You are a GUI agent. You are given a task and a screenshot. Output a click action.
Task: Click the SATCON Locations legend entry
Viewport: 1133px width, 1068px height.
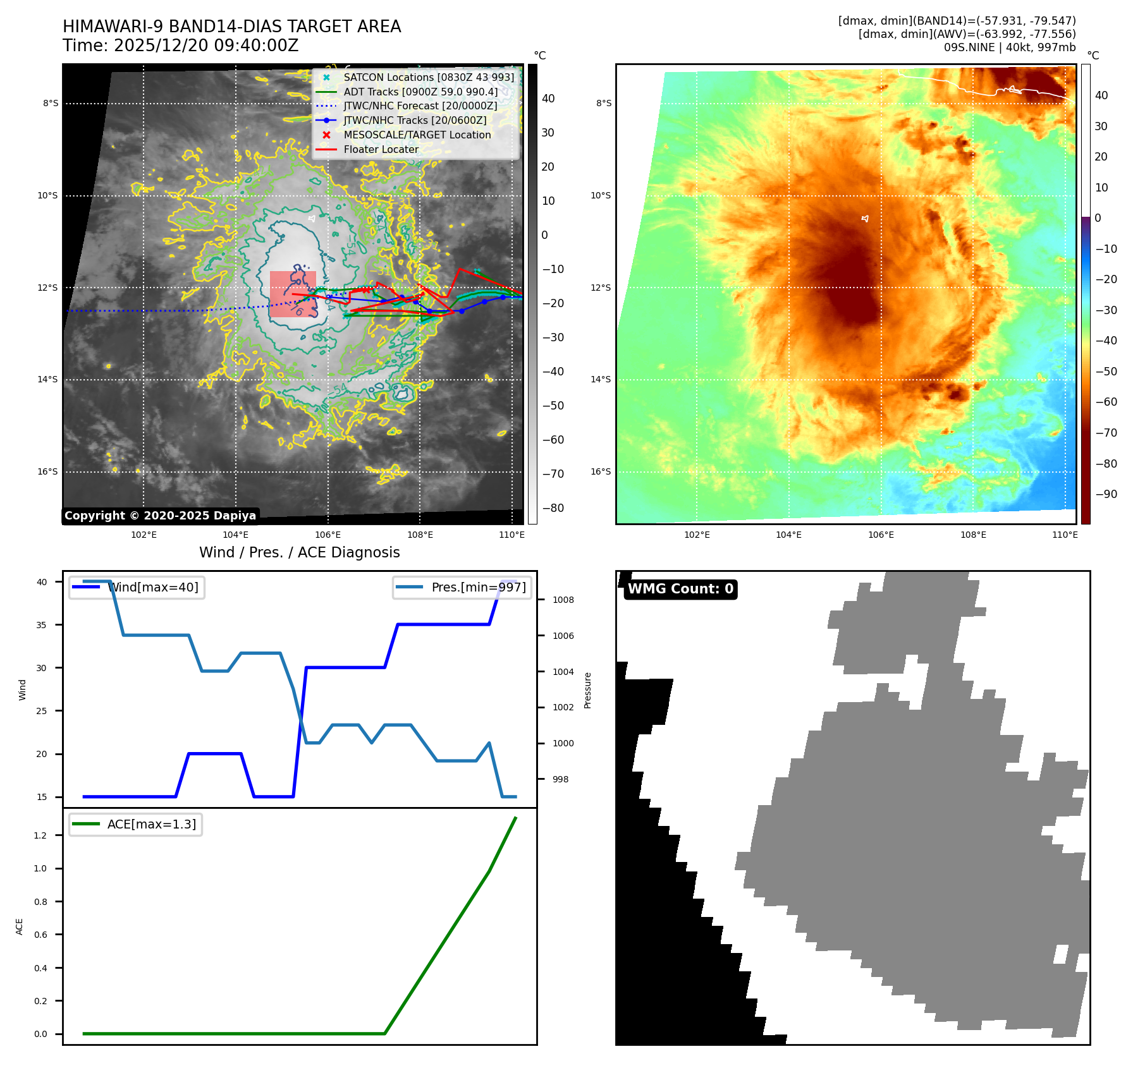(x=429, y=77)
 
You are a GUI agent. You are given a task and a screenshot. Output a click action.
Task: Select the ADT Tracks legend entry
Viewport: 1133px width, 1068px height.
(x=420, y=92)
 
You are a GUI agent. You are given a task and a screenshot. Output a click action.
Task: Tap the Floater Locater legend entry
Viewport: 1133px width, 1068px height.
(x=381, y=149)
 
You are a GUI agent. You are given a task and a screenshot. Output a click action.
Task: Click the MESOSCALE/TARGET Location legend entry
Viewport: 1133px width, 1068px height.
(x=417, y=135)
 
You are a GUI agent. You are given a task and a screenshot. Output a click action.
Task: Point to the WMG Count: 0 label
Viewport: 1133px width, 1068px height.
(x=680, y=589)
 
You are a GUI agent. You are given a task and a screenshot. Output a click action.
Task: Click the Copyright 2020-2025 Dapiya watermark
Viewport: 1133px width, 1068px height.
(x=160, y=516)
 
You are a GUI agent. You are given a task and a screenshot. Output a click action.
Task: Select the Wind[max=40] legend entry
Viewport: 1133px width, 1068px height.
(x=152, y=587)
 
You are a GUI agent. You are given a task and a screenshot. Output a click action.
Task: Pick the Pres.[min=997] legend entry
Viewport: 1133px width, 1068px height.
(x=478, y=587)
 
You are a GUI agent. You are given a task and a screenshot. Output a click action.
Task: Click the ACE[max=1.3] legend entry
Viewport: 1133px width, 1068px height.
(x=151, y=824)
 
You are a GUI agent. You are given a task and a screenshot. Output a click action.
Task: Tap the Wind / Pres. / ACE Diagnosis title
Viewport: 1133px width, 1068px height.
(x=300, y=552)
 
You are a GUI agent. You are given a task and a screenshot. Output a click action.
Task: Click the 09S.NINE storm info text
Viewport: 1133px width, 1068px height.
(x=1009, y=47)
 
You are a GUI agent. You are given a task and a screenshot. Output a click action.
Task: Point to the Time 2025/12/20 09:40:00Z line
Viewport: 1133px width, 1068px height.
(x=180, y=46)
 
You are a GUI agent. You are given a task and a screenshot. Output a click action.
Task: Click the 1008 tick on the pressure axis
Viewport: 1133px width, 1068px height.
(x=563, y=600)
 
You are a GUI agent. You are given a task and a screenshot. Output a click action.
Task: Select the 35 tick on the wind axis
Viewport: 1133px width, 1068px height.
(x=42, y=625)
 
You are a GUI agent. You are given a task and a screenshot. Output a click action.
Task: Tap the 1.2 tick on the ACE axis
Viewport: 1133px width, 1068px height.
(x=40, y=835)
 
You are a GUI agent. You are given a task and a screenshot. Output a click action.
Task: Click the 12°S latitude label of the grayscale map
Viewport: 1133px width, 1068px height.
(x=47, y=288)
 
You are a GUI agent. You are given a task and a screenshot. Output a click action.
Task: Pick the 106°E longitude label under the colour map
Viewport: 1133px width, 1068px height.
(x=881, y=535)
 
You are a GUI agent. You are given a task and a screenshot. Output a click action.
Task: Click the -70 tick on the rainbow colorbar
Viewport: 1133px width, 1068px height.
(x=1106, y=433)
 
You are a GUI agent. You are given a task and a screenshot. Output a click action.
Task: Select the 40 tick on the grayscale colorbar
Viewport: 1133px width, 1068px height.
(x=548, y=99)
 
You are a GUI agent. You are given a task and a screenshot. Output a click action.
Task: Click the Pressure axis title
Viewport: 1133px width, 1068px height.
(x=587, y=690)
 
